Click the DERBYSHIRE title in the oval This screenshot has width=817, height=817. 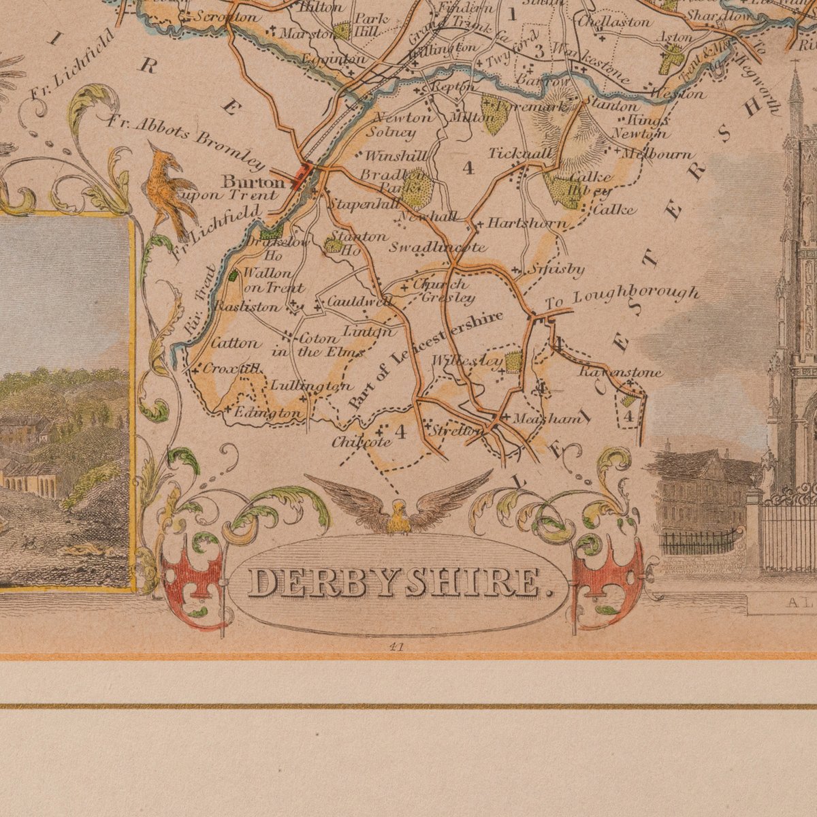[399, 583]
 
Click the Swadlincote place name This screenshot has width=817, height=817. [437, 247]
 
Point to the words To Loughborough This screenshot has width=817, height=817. [622, 298]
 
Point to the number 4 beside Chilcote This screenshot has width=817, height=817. [400, 431]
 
